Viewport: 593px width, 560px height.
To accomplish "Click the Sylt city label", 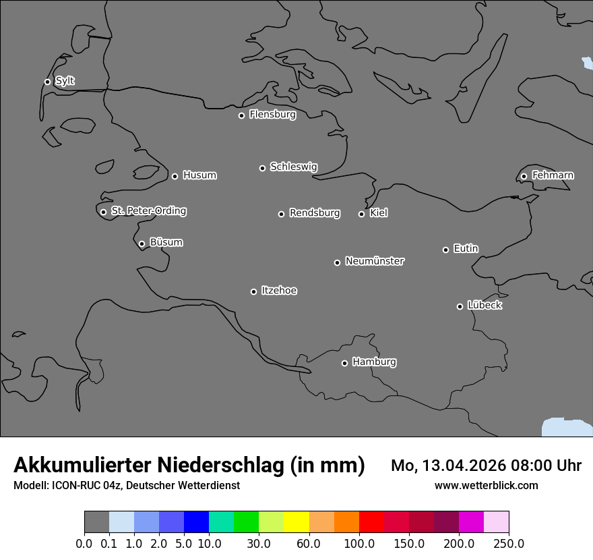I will pos(65,81).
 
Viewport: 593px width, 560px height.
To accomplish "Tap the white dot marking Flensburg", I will pos(241,115).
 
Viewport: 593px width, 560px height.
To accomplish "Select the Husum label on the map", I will pos(199,175).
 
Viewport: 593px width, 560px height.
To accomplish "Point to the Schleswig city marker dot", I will pos(262,168).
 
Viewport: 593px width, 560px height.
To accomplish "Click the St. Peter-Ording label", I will pos(148,211).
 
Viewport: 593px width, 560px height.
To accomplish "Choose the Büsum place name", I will pos(166,242).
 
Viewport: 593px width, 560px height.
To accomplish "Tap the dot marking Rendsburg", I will pos(281,214).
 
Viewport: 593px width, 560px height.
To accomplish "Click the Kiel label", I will pos(379,213).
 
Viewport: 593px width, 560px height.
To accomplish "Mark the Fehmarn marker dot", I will pos(524,176).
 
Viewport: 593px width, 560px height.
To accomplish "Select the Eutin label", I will pos(466,249).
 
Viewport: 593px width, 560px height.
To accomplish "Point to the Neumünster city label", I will pos(375,261).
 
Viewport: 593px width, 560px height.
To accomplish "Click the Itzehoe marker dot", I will pos(253,291).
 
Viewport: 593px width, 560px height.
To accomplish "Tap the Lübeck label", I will pos(485,306).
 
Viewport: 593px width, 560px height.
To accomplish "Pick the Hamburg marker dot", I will pos(344,363).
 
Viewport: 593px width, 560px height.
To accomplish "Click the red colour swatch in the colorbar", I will pos(371,523).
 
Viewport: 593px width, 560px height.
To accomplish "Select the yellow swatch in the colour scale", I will pos(296,523).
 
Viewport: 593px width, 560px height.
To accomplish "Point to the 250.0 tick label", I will pos(509,543).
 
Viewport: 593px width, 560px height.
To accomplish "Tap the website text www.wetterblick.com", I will pos(486,485).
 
